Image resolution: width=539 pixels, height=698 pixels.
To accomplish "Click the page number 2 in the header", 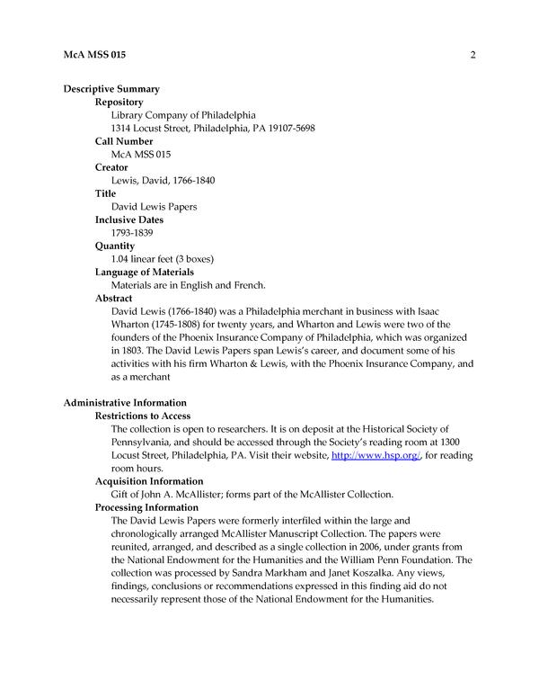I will [x=472, y=56].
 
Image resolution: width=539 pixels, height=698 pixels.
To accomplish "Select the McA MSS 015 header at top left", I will [x=94, y=56].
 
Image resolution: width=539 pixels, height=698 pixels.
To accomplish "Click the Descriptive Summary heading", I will [x=111, y=89].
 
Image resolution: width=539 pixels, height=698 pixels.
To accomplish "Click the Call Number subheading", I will [x=124, y=141].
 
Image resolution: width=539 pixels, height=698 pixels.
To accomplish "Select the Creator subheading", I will [x=111, y=167].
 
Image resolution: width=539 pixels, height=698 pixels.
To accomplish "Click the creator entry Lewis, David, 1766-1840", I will [x=162, y=181].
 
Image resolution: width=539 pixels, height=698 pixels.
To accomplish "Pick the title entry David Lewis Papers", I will [x=154, y=207].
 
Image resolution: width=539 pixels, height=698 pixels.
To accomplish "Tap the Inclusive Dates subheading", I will [x=130, y=219].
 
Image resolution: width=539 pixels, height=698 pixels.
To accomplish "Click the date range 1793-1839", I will [x=132, y=233].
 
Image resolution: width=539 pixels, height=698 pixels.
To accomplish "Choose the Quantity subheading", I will [x=115, y=246].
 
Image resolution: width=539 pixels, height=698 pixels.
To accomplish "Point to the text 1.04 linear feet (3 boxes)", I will [x=162, y=259].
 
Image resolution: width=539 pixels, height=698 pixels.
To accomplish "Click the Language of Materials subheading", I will [x=145, y=272].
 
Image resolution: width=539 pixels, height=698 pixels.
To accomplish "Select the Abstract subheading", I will [x=114, y=298].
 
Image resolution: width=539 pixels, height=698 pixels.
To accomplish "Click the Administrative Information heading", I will [x=125, y=402].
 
